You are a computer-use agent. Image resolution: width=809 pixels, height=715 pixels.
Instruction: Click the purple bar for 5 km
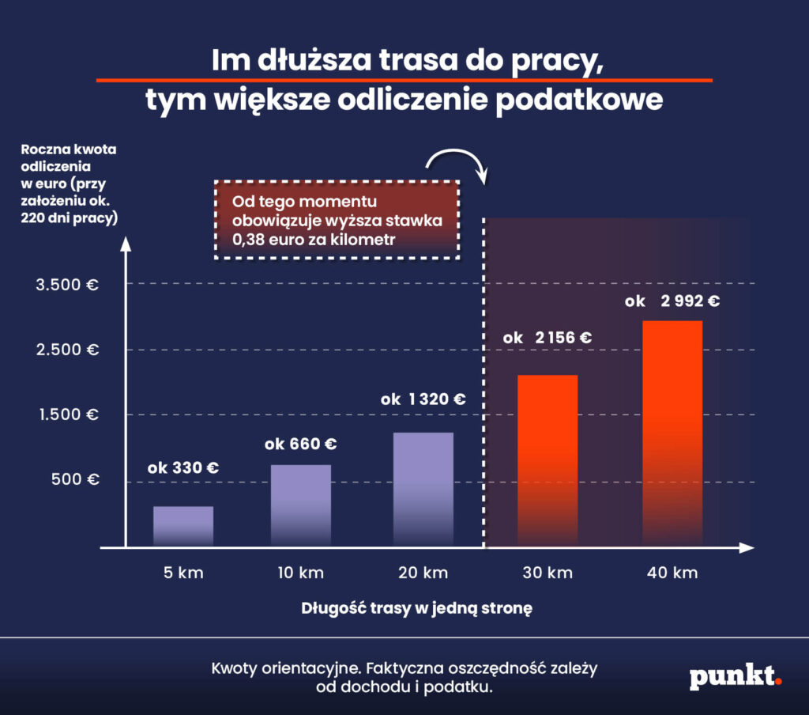tap(183, 526)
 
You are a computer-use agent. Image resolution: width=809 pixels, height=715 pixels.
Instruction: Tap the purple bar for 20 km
tap(423, 489)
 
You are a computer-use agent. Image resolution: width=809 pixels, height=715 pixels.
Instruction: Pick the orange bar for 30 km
tap(547, 460)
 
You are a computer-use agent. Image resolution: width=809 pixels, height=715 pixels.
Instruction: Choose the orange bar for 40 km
tap(672, 433)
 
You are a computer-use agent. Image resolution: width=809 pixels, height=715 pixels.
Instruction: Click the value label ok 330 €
tap(183, 467)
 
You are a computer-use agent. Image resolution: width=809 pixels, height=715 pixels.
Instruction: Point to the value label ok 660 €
tap(303, 444)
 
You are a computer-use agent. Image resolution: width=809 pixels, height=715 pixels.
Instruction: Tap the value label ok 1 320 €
tap(423, 399)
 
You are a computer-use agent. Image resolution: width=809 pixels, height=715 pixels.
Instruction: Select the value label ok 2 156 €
tap(547, 338)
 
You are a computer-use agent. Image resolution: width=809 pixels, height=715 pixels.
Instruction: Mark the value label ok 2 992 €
tap(672, 301)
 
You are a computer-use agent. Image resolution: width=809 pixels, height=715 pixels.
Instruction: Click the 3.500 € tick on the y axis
tap(67, 285)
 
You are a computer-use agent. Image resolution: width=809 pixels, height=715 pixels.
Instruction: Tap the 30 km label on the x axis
tap(547, 573)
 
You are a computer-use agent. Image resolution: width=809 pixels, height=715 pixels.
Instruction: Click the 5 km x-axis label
tap(182, 573)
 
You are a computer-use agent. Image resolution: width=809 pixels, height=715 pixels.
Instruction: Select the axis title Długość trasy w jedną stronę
tap(418, 609)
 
